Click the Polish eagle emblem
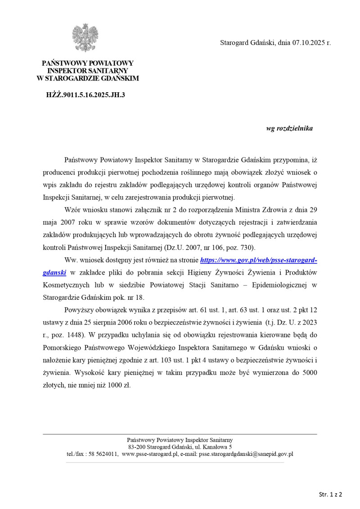pyautogui.click(x=85, y=38)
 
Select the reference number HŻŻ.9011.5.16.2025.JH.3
pyautogui.click(x=85, y=95)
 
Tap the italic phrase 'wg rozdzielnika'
pyautogui.click(x=289, y=128)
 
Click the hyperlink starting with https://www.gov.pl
pyautogui.click(x=258, y=260)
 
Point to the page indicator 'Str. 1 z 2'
pyautogui.click(x=330, y=494)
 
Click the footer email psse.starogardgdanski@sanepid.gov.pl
pyautogui.click(x=246, y=454)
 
